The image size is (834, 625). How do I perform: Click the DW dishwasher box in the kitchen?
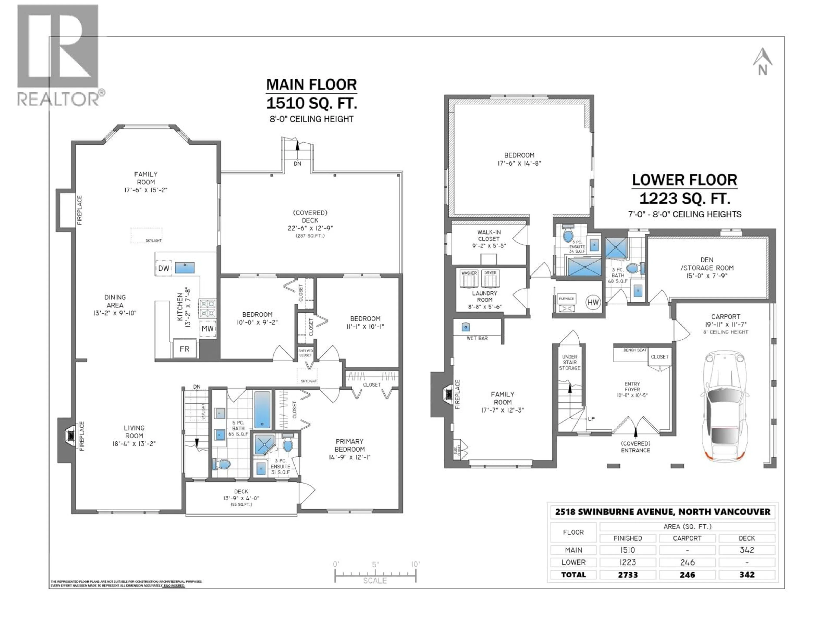pyautogui.click(x=164, y=268)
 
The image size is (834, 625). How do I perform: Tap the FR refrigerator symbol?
pyautogui.click(x=184, y=349)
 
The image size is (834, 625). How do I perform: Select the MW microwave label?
pyautogui.click(x=207, y=329)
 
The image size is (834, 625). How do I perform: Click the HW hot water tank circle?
pyautogui.click(x=593, y=302)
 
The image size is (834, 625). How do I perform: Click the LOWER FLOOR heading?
pyautogui.click(x=684, y=180)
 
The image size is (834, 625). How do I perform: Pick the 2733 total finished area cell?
pyautogui.click(x=628, y=575)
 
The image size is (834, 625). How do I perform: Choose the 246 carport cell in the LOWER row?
pyautogui.click(x=687, y=562)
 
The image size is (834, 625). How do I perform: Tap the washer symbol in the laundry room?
pyautogui.click(x=469, y=279)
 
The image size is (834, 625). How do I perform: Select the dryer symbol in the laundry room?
pyautogui.click(x=490, y=279)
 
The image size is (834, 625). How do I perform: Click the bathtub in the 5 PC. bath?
pyautogui.click(x=262, y=410)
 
